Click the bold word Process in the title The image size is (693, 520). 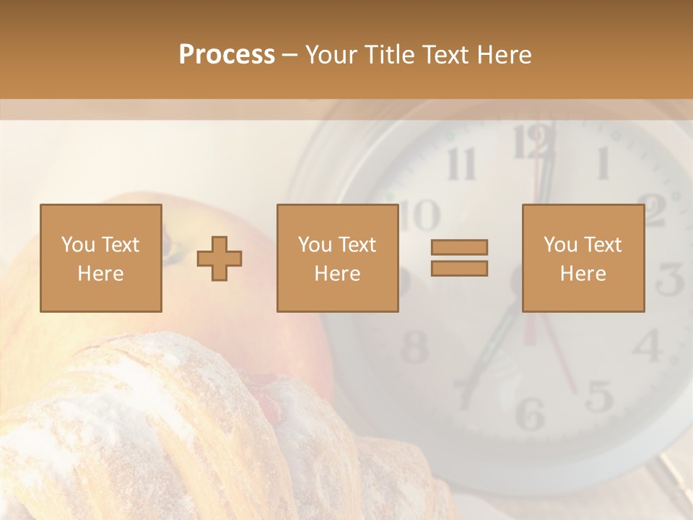(x=227, y=55)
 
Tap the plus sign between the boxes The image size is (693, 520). (x=219, y=259)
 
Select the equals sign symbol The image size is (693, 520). (x=459, y=258)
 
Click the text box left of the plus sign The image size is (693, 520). (x=101, y=258)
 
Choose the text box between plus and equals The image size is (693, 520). (x=337, y=258)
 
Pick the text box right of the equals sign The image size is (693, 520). (x=583, y=258)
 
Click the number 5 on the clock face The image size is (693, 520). (x=599, y=396)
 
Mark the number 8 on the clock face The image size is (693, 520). (x=415, y=347)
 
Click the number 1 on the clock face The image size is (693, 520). (x=601, y=163)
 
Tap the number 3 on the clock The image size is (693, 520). (x=670, y=279)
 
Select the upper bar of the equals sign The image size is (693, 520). (x=459, y=247)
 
